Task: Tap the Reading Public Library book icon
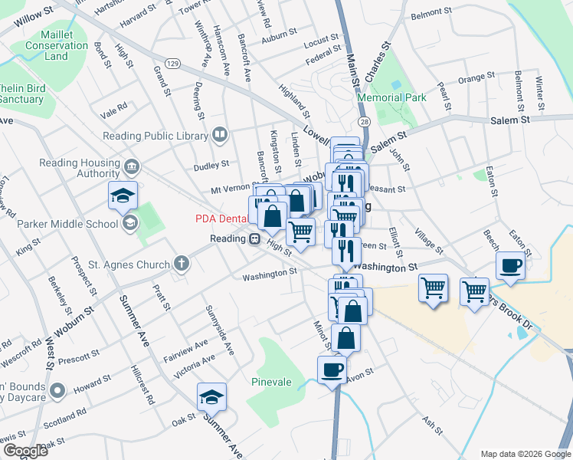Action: [221, 136]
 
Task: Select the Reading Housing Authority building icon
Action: [132, 166]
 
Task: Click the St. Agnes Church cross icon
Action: [181, 265]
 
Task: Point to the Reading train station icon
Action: [255, 239]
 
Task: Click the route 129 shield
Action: [172, 62]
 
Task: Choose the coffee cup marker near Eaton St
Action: [510, 265]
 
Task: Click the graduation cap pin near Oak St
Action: [211, 396]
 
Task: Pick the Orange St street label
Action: [476, 78]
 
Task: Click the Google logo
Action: [25, 451]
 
